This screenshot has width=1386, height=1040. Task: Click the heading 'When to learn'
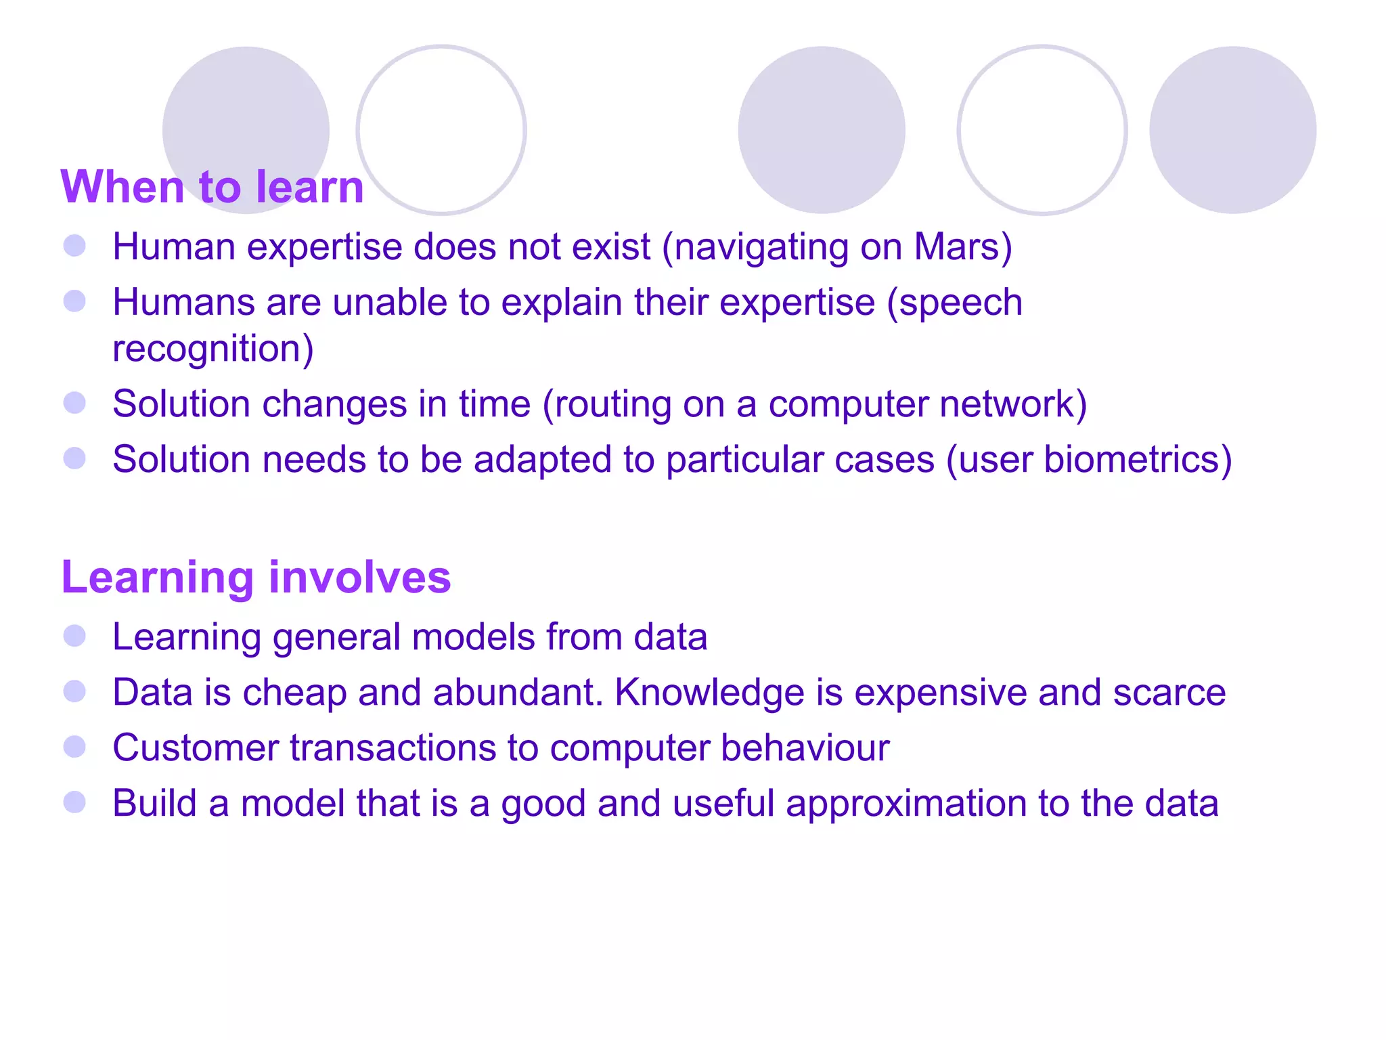[x=212, y=187]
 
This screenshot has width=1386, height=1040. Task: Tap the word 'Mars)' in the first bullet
[x=962, y=246]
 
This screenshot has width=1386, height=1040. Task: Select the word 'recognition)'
[x=213, y=349]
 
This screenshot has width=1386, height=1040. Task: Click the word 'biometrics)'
[x=1137, y=460]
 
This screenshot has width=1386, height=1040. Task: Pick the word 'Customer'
[x=195, y=748]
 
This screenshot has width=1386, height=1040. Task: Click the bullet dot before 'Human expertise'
[x=74, y=246]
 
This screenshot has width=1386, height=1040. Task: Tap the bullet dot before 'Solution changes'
[x=74, y=403]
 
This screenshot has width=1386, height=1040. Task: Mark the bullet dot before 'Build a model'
[x=74, y=802]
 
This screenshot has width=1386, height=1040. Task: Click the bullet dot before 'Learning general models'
[x=74, y=636]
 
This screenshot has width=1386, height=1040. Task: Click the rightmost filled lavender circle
[x=1232, y=130]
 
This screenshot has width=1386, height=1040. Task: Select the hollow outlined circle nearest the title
[x=441, y=130]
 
